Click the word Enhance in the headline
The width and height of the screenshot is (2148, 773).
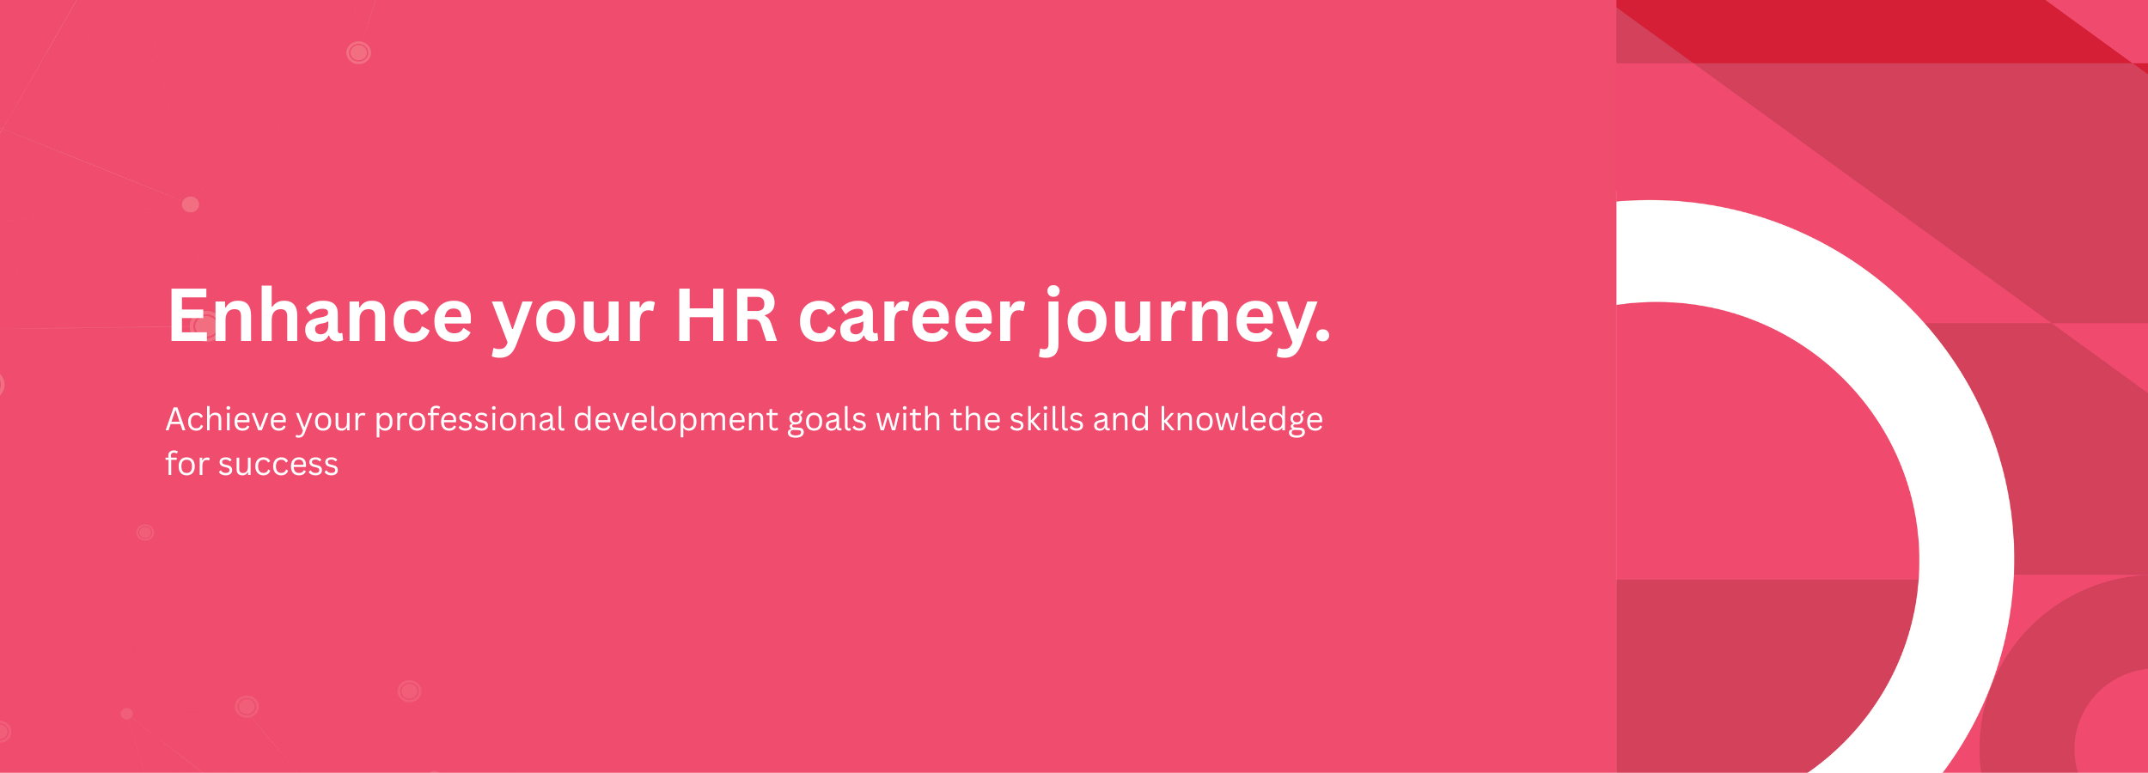point(320,317)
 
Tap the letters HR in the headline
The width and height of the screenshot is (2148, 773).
point(727,317)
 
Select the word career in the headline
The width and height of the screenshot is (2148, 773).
point(912,321)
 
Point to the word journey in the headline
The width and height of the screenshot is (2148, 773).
point(1172,320)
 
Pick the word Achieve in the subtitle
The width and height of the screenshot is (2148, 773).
point(226,419)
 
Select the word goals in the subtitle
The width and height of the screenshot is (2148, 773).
point(827,421)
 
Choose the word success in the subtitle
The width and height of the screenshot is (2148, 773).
point(278,466)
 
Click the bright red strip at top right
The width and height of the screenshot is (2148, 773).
point(1873,31)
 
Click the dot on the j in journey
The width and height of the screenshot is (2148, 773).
point(1053,292)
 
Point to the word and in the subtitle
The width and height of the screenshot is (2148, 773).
point(1121,419)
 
